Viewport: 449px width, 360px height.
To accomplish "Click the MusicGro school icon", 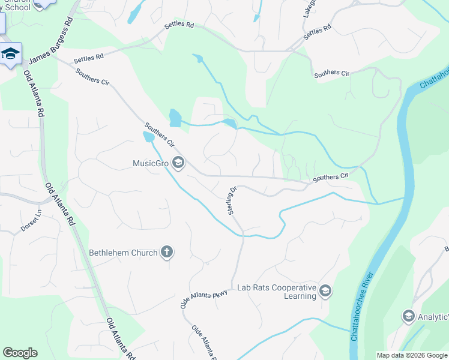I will click(178, 163).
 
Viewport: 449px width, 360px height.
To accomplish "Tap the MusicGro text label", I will click(152, 163).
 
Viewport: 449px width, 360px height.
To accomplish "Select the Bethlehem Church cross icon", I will click(167, 253).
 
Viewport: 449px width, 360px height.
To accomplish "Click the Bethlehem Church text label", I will click(123, 253).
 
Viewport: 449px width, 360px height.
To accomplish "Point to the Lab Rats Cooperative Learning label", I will click(276, 292).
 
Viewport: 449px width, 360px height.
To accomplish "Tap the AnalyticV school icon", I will click(409, 316).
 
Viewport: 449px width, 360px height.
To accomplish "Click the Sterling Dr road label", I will click(232, 200).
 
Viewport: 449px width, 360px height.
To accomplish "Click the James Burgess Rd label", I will click(51, 40).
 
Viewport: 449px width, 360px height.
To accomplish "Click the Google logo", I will click(20, 353).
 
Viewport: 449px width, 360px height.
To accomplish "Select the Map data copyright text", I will click(412, 355).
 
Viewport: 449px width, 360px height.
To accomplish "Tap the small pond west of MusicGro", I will click(148, 137).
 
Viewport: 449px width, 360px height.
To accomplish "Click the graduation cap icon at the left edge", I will click(10, 54).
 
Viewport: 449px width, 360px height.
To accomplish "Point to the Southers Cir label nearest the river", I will click(330, 177).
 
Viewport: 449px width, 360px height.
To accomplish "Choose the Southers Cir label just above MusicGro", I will click(159, 136).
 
